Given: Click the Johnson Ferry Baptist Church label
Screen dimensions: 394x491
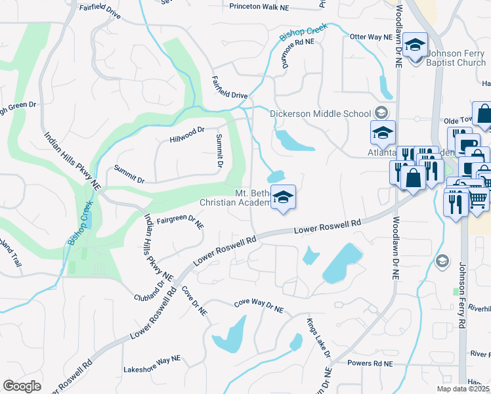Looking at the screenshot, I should point(457,59).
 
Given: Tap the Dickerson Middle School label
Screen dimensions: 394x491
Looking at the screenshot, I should point(321,114).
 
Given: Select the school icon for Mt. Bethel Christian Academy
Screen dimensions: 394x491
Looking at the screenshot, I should point(283,197).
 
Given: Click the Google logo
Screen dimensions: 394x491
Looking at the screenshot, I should point(22,386).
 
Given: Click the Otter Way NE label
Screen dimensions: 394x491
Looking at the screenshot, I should point(370,37).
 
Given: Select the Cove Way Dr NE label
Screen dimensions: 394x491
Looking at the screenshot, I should point(259,305).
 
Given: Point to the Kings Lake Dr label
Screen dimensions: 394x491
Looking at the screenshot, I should point(319,338).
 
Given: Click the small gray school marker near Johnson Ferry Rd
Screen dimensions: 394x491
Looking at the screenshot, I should point(442,261).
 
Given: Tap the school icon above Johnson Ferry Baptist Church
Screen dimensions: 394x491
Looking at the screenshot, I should point(415,45).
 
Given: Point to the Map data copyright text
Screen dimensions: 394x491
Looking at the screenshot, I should point(463,389).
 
